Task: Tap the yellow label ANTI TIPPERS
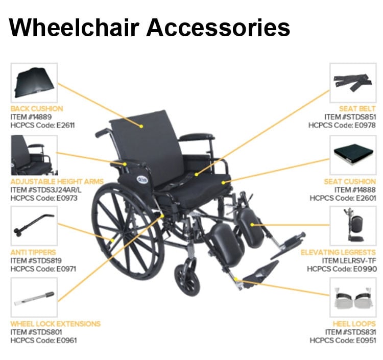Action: click(x=33, y=252)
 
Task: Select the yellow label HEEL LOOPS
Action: click(x=353, y=324)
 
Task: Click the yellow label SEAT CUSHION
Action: click(x=349, y=181)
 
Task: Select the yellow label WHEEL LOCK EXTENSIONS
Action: click(x=56, y=324)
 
